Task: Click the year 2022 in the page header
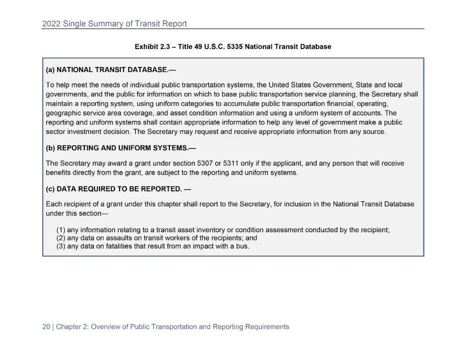click(x=51, y=24)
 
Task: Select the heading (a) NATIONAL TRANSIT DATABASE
click(x=111, y=69)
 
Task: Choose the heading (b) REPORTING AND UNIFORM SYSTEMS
click(x=121, y=148)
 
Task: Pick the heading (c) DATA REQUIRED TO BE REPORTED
click(x=118, y=189)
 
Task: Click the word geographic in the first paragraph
click(x=63, y=113)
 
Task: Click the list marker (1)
click(x=61, y=230)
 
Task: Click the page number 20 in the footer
click(x=46, y=327)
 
